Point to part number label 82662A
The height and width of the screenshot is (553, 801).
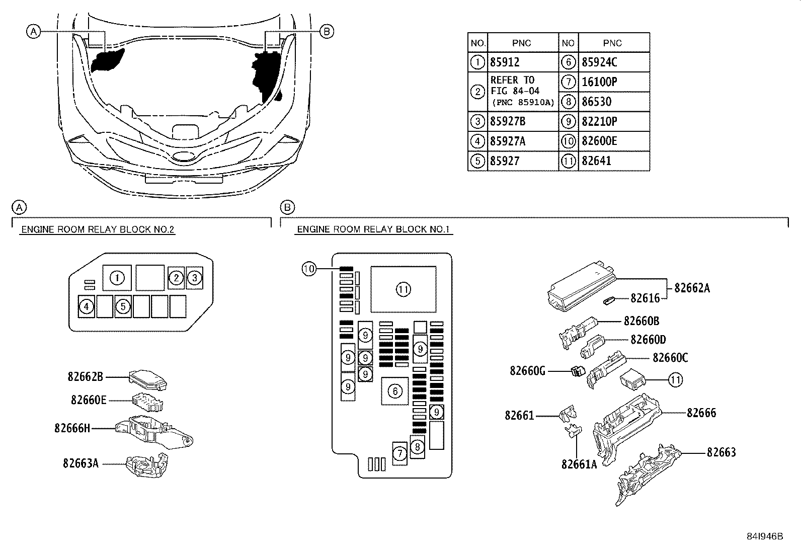(x=692, y=288)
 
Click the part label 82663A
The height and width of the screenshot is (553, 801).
(x=81, y=463)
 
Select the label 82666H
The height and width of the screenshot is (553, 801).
(x=72, y=428)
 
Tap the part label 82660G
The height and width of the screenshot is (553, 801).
(x=527, y=371)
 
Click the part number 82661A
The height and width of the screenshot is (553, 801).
(x=579, y=463)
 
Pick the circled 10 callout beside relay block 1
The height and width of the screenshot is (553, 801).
(x=308, y=269)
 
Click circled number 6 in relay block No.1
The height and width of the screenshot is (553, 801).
(x=395, y=391)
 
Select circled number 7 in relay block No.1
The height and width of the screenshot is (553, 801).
(x=399, y=454)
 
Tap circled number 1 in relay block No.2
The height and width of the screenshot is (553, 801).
(x=117, y=278)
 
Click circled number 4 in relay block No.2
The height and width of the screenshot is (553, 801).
(x=87, y=306)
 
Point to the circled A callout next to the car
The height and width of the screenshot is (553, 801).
(x=33, y=32)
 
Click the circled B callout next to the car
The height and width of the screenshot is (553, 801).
(x=327, y=32)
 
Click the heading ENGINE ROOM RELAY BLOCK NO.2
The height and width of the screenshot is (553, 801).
(x=98, y=229)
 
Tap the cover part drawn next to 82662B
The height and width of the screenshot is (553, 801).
(x=148, y=379)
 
